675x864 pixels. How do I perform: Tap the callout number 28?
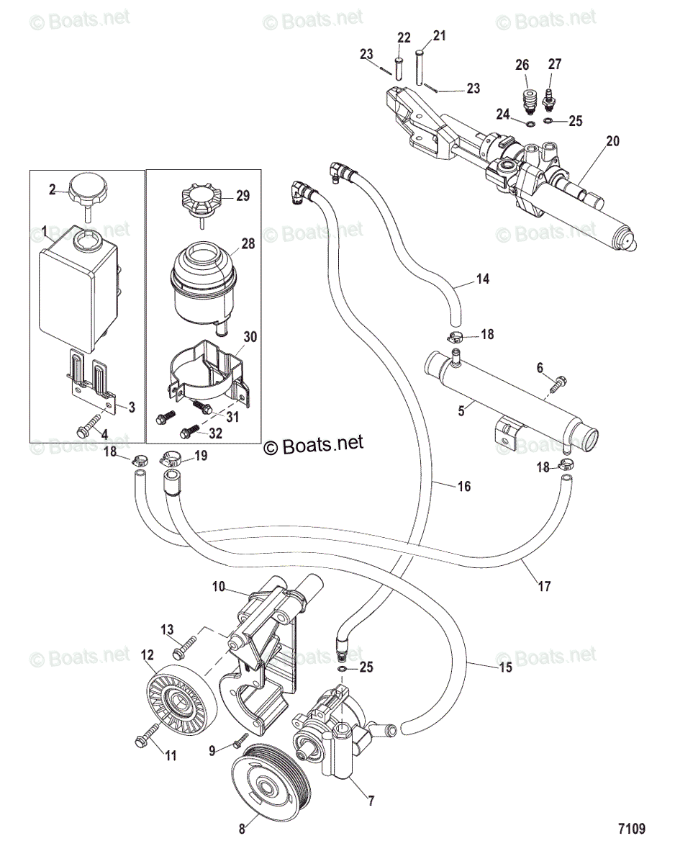pos(248,243)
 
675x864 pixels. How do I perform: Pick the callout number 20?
pos(612,140)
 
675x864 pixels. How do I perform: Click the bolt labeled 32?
pos(190,431)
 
